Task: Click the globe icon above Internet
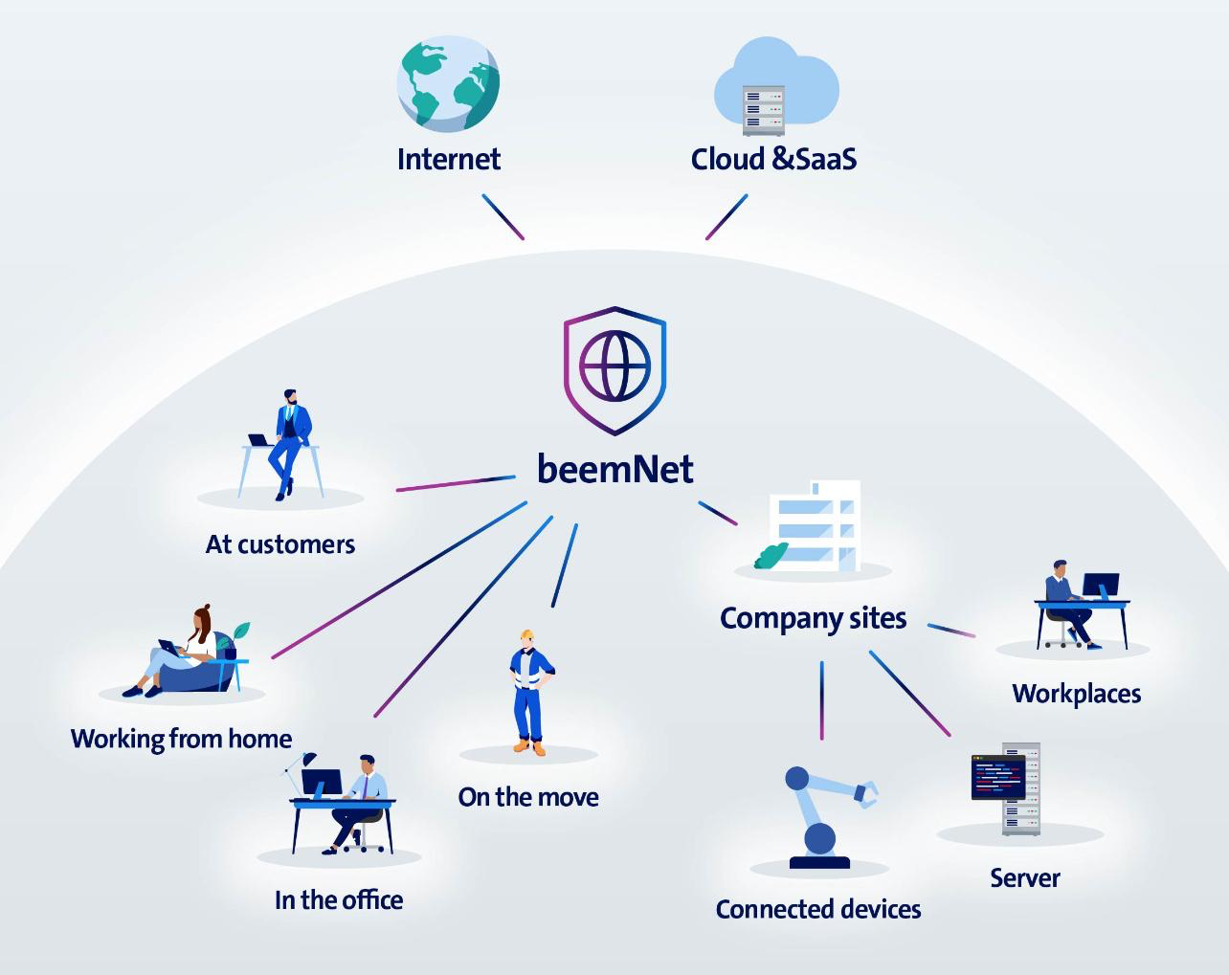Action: pos(448,83)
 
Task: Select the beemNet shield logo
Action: pos(614,368)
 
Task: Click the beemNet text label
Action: pos(614,469)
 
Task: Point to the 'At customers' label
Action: pos(280,544)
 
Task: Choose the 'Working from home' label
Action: pos(181,739)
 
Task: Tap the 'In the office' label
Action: pos(339,899)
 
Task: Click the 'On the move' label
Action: pos(528,797)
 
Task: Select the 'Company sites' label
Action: pos(813,618)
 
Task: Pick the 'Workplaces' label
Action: pos(1076,693)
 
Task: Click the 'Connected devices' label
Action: pos(818,909)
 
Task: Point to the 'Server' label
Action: pos(1025,877)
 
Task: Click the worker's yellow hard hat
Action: pos(526,635)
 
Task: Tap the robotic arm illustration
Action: pos(824,813)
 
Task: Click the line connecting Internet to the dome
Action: pos(503,217)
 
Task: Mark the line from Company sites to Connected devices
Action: pos(821,699)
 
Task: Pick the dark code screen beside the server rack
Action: pos(997,776)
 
